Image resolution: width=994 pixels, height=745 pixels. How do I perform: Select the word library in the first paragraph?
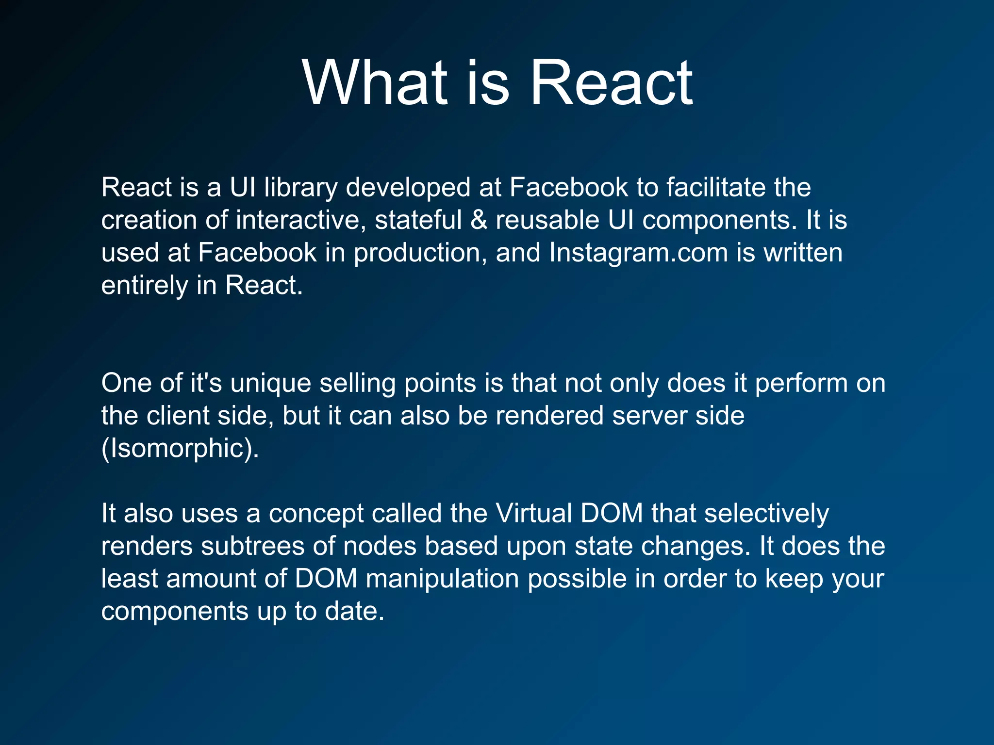(300, 188)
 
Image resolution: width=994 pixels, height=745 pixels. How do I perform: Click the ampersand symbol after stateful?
(479, 220)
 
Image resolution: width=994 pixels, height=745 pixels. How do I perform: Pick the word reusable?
(547, 220)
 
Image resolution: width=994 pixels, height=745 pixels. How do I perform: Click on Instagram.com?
(638, 253)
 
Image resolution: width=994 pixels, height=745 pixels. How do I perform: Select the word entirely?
(144, 285)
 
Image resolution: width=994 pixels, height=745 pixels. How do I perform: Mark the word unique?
(270, 384)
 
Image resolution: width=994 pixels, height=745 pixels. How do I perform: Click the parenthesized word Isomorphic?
(180, 448)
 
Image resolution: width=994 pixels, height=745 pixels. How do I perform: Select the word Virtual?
(533, 513)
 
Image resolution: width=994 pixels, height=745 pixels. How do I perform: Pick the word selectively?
(766, 513)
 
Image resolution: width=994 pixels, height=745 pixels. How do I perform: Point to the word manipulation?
(442, 579)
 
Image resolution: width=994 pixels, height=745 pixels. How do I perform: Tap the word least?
(129, 579)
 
